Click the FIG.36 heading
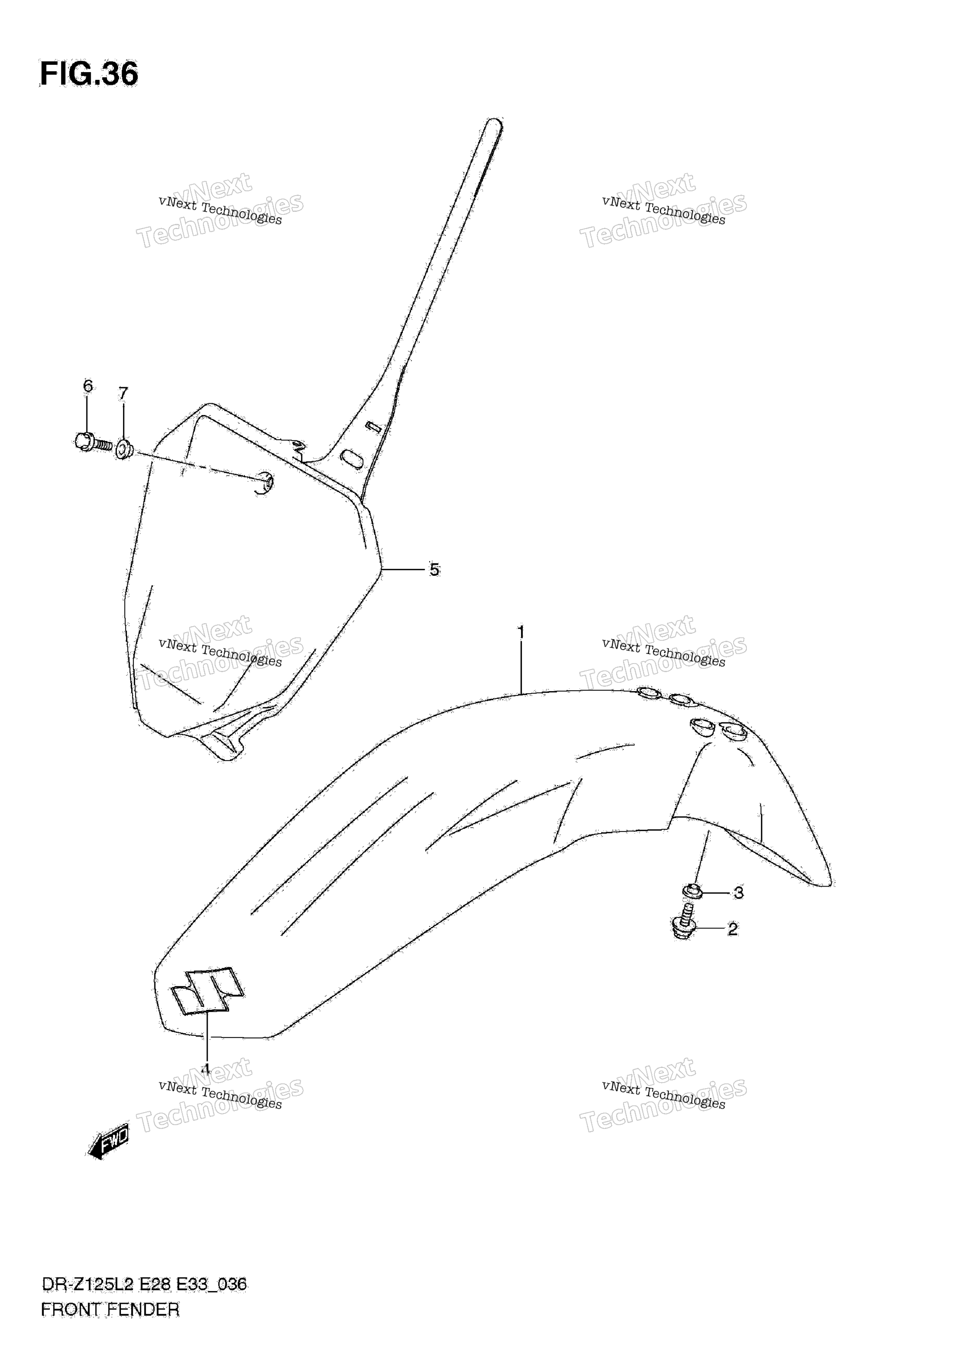(89, 74)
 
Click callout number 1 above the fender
(521, 633)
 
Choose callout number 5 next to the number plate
(434, 569)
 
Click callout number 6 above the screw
(88, 385)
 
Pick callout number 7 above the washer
(123, 393)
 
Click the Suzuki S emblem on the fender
(207, 991)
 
